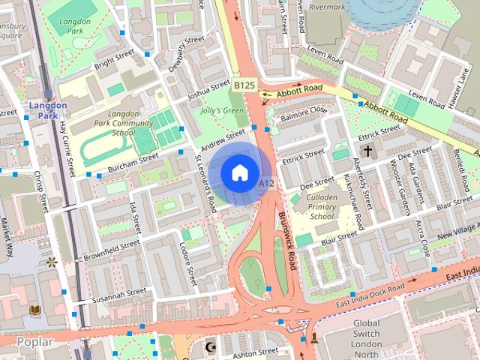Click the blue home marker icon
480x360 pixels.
[x=239, y=173]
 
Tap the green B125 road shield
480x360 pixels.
[x=244, y=86]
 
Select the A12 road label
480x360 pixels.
[x=265, y=183]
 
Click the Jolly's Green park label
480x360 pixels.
[x=223, y=111]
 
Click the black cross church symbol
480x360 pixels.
[x=367, y=151]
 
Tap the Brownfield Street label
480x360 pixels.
[x=112, y=247]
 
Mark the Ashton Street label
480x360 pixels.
[x=256, y=351]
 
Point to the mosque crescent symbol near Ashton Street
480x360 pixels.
[x=210, y=346]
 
